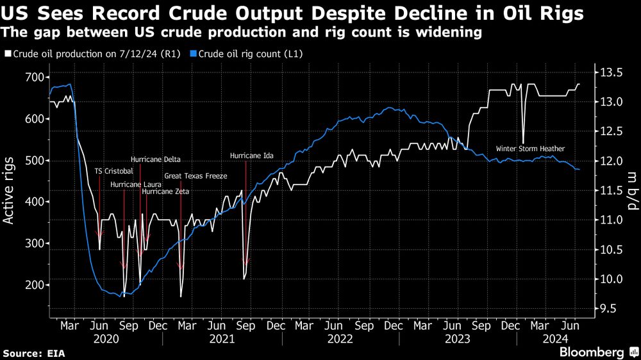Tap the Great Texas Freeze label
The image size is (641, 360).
[196, 176]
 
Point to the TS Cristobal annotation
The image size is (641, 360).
[113, 171]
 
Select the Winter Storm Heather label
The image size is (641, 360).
[530, 149]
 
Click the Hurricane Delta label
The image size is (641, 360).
[155, 160]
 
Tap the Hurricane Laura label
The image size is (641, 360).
[135, 184]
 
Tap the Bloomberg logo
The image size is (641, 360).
[592, 352]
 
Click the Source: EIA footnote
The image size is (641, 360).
[34, 353]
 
